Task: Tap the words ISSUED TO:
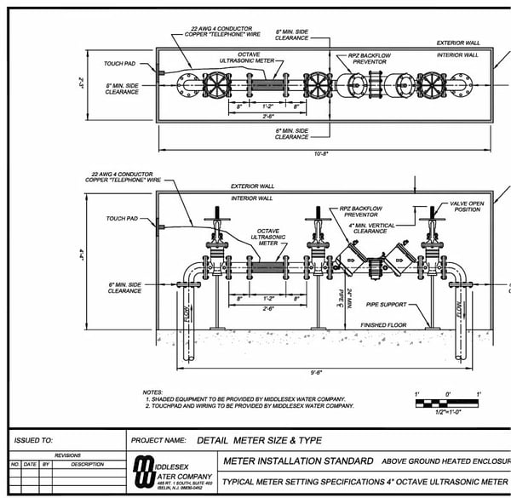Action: point(33,440)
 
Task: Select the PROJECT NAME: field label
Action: point(159,440)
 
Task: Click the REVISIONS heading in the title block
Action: point(67,455)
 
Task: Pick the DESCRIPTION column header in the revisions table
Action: point(86,465)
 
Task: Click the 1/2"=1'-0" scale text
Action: point(448,411)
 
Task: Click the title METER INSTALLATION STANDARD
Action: point(297,461)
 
